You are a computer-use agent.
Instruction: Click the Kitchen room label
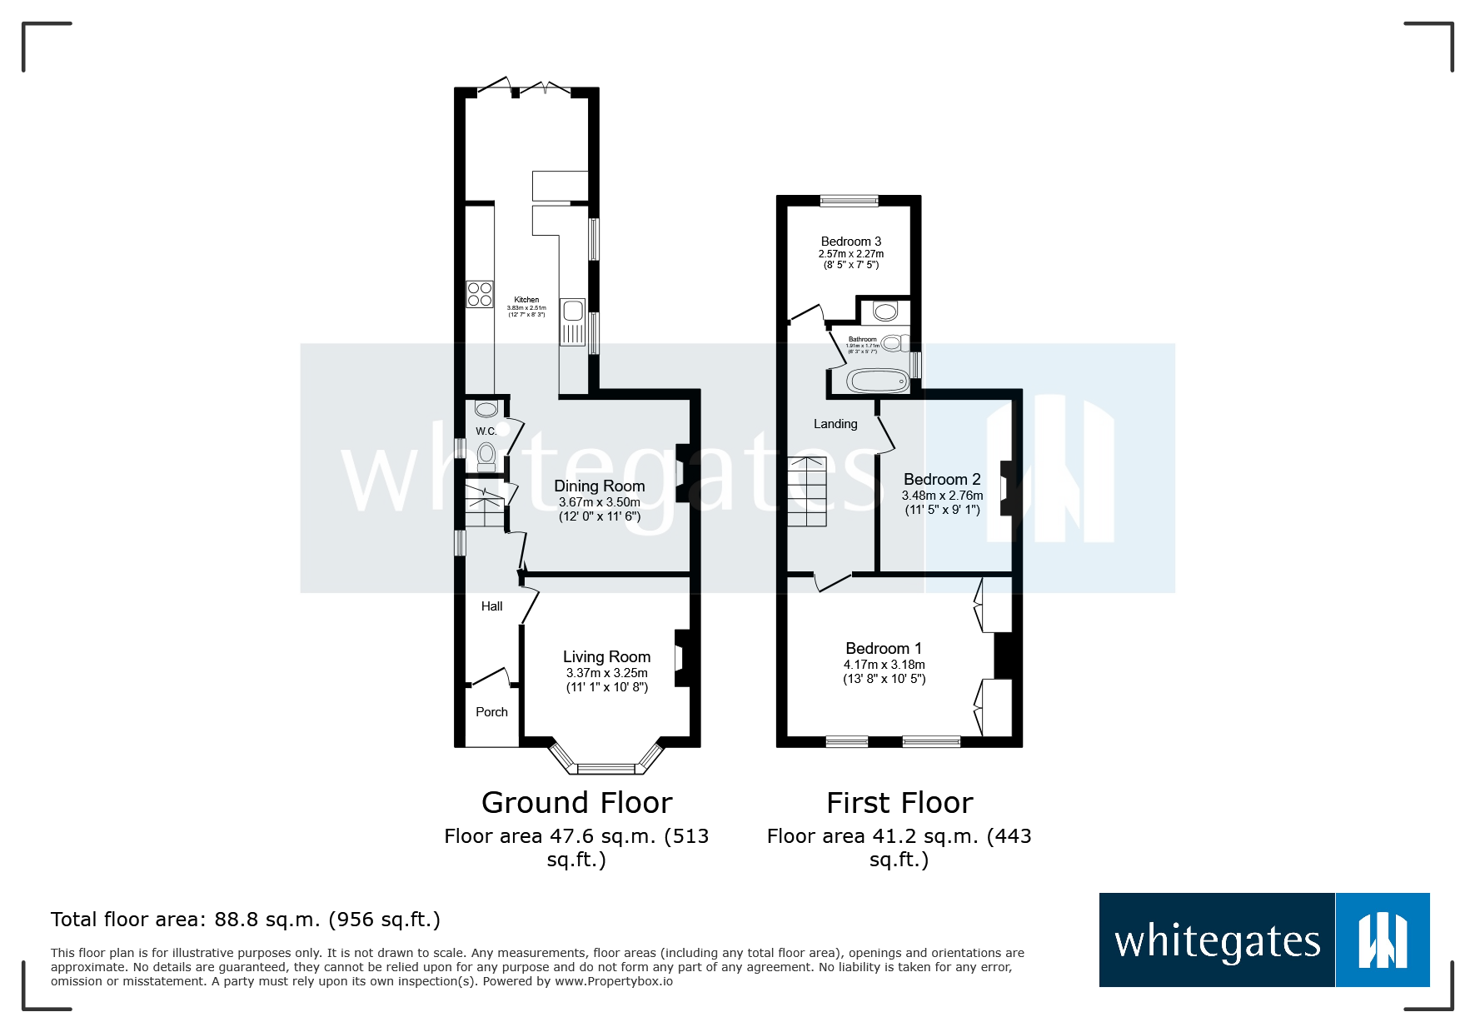pyautogui.click(x=526, y=300)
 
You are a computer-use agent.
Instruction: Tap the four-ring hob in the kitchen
pyautogui.click(x=480, y=294)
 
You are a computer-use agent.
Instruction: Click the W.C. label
pyautogui.click(x=486, y=431)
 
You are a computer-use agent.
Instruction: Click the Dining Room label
pyautogui.click(x=599, y=486)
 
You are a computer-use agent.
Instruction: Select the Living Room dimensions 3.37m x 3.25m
pyautogui.click(x=606, y=673)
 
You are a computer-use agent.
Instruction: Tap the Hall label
pyautogui.click(x=491, y=606)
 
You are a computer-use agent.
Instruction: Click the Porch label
pyautogui.click(x=491, y=712)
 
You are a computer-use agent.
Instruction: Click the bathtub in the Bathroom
pyautogui.click(x=878, y=381)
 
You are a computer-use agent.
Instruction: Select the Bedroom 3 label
pyautogui.click(x=850, y=242)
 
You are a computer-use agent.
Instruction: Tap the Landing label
pyautogui.click(x=835, y=424)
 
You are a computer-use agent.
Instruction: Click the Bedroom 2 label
pyautogui.click(x=942, y=479)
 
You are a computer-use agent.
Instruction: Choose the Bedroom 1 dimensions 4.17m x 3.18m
pyautogui.click(x=884, y=665)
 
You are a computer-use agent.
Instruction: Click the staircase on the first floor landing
pyautogui.click(x=807, y=491)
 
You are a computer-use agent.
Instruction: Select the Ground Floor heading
pyautogui.click(x=576, y=803)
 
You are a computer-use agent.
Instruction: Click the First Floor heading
pyautogui.click(x=899, y=803)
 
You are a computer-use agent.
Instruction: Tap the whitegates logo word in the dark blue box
pyautogui.click(x=1217, y=941)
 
